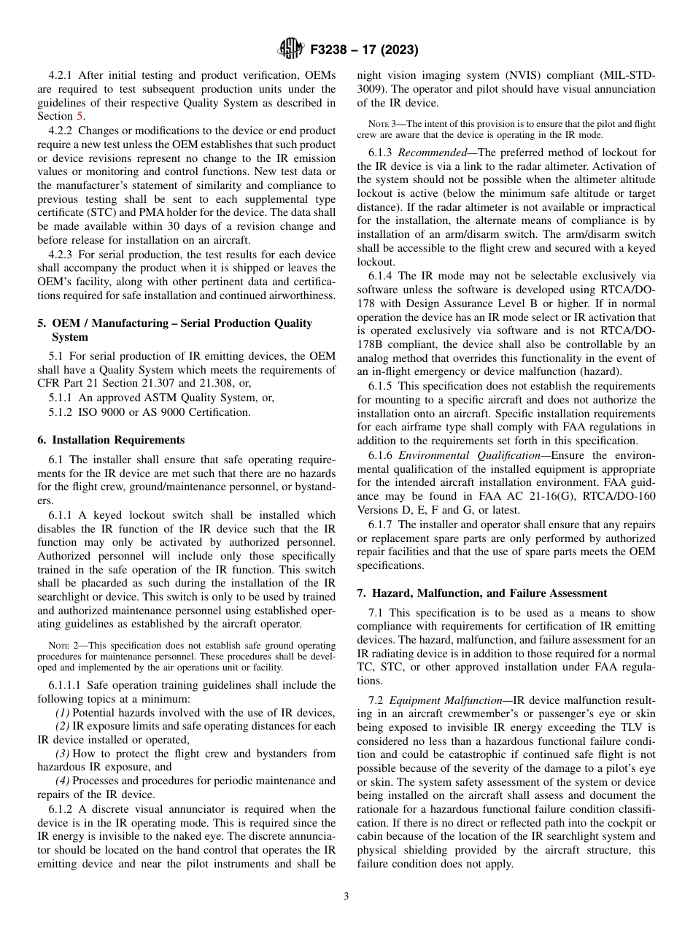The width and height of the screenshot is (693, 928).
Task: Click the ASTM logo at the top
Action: coord(291,50)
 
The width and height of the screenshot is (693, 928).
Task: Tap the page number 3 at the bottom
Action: coord(346,897)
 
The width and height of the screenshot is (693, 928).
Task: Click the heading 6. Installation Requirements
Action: coord(111,440)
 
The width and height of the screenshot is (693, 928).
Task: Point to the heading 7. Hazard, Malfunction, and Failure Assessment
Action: coord(481,593)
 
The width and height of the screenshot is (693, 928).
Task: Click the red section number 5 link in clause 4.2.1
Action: coord(80,116)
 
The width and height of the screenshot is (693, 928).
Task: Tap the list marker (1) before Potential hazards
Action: coord(64,712)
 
